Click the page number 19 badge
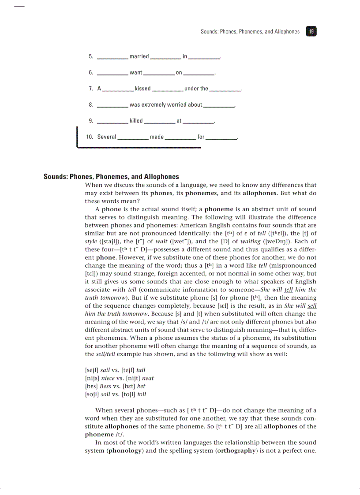(x=311, y=32)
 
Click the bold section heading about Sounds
(x=111, y=177)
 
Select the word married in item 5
(x=139, y=56)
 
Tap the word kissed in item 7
(x=142, y=89)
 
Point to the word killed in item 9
(x=136, y=121)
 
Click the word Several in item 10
(x=107, y=137)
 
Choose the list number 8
(x=91, y=105)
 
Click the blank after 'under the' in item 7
(x=225, y=89)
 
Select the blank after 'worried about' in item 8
(x=219, y=106)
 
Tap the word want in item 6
(x=136, y=73)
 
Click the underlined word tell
(x=289, y=290)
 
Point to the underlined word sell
(x=312, y=306)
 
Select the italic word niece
(x=107, y=378)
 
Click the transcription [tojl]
(x=128, y=394)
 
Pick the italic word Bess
(x=105, y=386)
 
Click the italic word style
(x=91, y=242)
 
